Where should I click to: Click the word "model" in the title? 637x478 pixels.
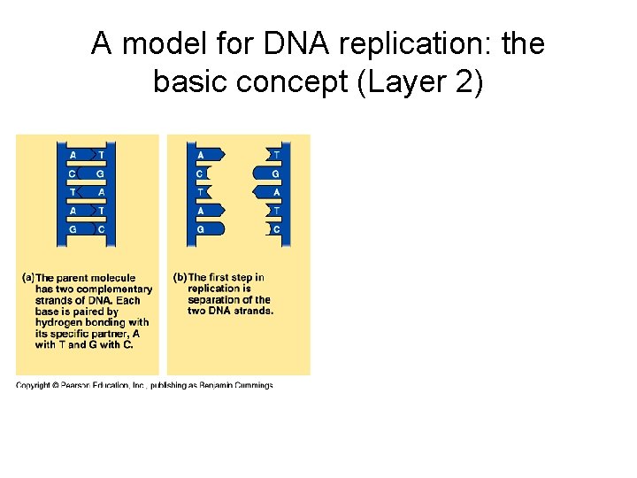(x=156, y=43)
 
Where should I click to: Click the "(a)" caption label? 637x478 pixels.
(x=27, y=278)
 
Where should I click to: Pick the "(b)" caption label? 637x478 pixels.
(x=180, y=278)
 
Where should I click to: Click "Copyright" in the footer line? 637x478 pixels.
(x=34, y=385)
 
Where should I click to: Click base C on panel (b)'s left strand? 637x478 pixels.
(x=200, y=173)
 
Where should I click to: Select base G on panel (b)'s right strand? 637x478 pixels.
(x=276, y=173)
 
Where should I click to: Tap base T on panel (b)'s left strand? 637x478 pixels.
(x=200, y=192)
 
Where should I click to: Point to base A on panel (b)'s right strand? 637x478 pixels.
(x=276, y=192)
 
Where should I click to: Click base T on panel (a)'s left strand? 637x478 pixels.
(x=72, y=192)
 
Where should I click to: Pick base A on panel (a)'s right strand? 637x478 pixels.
(x=101, y=192)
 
